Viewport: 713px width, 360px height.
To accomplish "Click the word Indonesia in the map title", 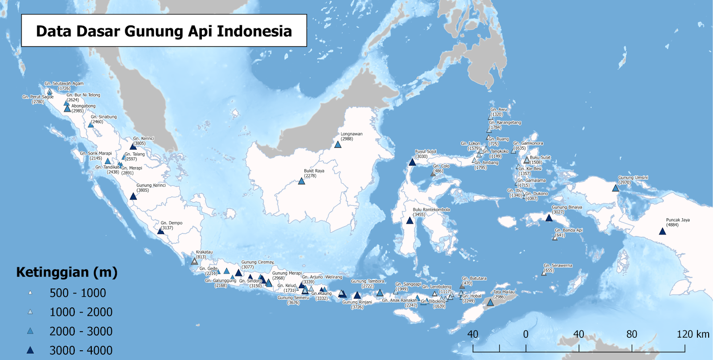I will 254,31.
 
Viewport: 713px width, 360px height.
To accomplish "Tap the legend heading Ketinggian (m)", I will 67,272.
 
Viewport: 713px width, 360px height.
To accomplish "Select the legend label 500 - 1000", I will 78,293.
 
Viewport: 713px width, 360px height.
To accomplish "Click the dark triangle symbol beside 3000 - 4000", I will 30,350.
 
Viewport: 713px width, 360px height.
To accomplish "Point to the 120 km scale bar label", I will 693,334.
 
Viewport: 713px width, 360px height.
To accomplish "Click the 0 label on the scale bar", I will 526,334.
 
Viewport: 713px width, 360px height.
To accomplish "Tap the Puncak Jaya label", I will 678,220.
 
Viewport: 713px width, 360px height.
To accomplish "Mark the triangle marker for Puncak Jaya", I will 663,231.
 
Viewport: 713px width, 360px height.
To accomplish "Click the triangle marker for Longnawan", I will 338,144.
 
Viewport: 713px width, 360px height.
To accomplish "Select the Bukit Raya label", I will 314,171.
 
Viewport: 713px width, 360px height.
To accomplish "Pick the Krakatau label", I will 204,252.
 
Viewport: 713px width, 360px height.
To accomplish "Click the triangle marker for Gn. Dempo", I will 161,231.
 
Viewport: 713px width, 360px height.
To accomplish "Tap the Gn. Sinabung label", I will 104,117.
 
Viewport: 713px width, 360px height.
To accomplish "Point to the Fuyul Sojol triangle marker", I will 412,162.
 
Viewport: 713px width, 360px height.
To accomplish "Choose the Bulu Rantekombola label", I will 431,209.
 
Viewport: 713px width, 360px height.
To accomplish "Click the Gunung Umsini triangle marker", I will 615,188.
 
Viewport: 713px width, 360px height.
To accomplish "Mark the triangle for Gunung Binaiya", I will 549,218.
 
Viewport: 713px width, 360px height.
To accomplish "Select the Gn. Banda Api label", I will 569,230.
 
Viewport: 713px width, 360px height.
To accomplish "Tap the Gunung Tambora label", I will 367,281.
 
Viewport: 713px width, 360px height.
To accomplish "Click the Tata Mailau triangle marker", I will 490,303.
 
